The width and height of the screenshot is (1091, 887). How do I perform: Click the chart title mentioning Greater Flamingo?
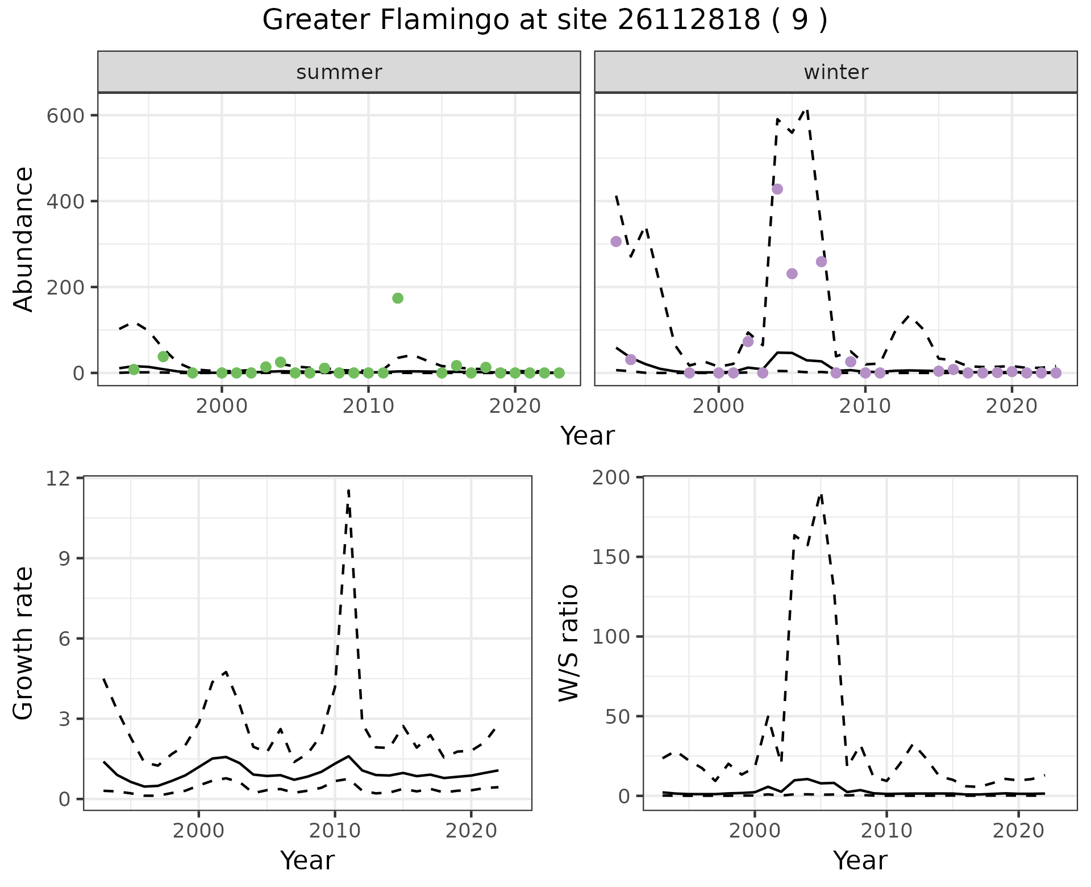(x=544, y=20)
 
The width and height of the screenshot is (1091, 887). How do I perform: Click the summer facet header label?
(x=339, y=72)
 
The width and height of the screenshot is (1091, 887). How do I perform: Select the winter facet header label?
(x=835, y=72)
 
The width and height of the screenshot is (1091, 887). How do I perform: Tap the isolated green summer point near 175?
(x=398, y=298)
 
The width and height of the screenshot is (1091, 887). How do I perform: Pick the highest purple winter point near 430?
(x=777, y=189)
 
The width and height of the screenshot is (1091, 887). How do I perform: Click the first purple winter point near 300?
(x=616, y=242)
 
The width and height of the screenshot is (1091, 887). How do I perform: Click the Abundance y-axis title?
(x=24, y=239)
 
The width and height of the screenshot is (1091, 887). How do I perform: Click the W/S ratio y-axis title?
(x=568, y=643)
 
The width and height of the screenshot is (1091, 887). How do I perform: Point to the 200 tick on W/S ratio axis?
(x=611, y=478)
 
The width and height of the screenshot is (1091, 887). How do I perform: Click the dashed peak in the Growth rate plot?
(x=348, y=490)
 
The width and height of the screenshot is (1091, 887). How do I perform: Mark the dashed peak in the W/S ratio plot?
(x=821, y=495)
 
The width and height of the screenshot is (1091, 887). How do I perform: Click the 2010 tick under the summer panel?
(x=368, y=407)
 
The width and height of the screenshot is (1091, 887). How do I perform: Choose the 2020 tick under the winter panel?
(x=1011, y=407)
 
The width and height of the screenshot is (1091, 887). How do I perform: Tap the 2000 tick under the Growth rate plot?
(x=198, y=831)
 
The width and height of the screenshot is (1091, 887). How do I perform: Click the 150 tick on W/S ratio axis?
(x=611, y=557)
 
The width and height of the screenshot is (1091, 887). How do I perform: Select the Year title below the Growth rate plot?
(x=307, y=860)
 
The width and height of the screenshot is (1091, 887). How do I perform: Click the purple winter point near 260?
(x=821, y=262)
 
